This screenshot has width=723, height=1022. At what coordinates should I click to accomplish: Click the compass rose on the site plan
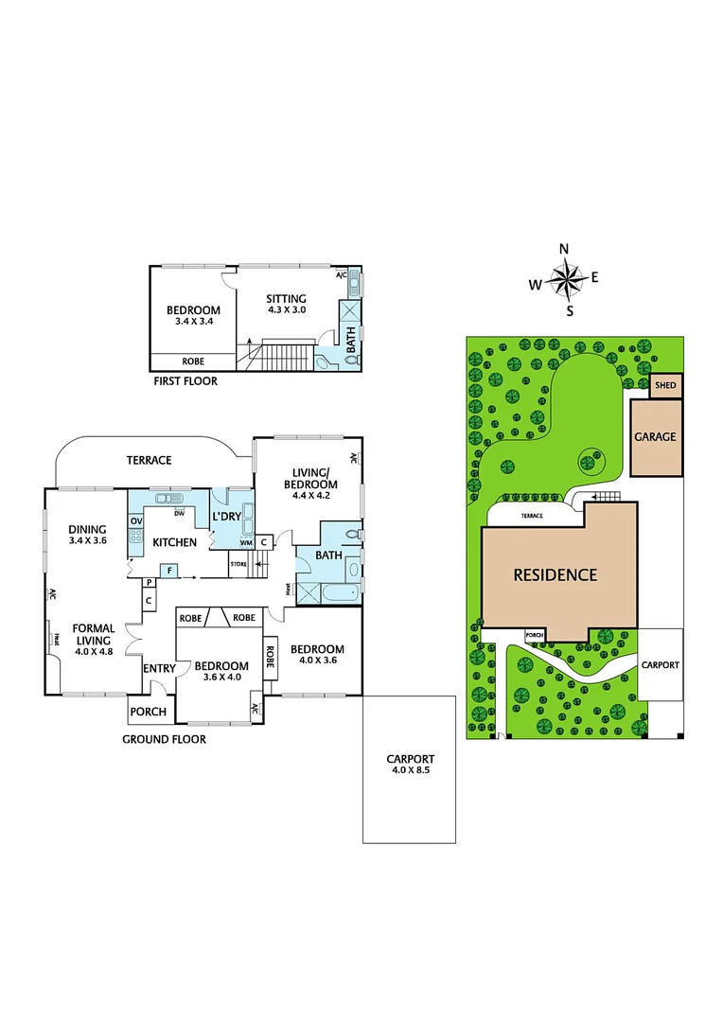[566, 279]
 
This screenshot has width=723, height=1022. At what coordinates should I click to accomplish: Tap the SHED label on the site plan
[665, 386]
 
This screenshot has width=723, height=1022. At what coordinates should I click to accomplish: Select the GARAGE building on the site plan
[655, 436]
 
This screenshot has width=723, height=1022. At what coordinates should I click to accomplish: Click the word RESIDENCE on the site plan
[555, 574]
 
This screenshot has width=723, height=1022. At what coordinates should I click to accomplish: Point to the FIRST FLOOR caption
[185, 381]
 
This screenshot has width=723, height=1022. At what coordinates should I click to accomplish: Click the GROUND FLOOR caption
[164, 739]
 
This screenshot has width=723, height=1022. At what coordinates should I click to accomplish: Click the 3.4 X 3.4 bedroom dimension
[193, 322]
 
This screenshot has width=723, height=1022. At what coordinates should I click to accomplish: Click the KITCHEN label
[175, 542]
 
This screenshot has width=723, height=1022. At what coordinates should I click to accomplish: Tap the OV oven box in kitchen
[135, 521]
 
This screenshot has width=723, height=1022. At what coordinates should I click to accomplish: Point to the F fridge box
[169, 570]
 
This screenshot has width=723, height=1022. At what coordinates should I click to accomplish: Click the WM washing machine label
[245, 542]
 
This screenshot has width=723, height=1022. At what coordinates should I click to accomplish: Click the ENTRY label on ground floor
[159, 669]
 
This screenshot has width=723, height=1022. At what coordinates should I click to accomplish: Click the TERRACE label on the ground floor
[150, 460]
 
